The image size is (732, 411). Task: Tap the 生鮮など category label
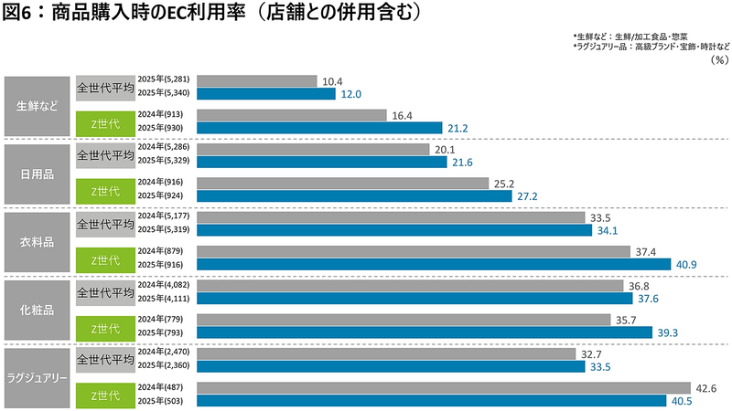(38, 105)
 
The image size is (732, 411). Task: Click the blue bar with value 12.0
(266, 93)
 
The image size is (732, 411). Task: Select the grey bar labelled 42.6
(444, 387)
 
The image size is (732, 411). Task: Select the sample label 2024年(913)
(162, 115)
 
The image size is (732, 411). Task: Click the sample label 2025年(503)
(162, 400)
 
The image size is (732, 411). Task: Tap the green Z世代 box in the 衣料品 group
(104, 260)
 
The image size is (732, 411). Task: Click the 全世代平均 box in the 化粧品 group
(104, 293)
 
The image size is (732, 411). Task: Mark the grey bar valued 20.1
(313, 149)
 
